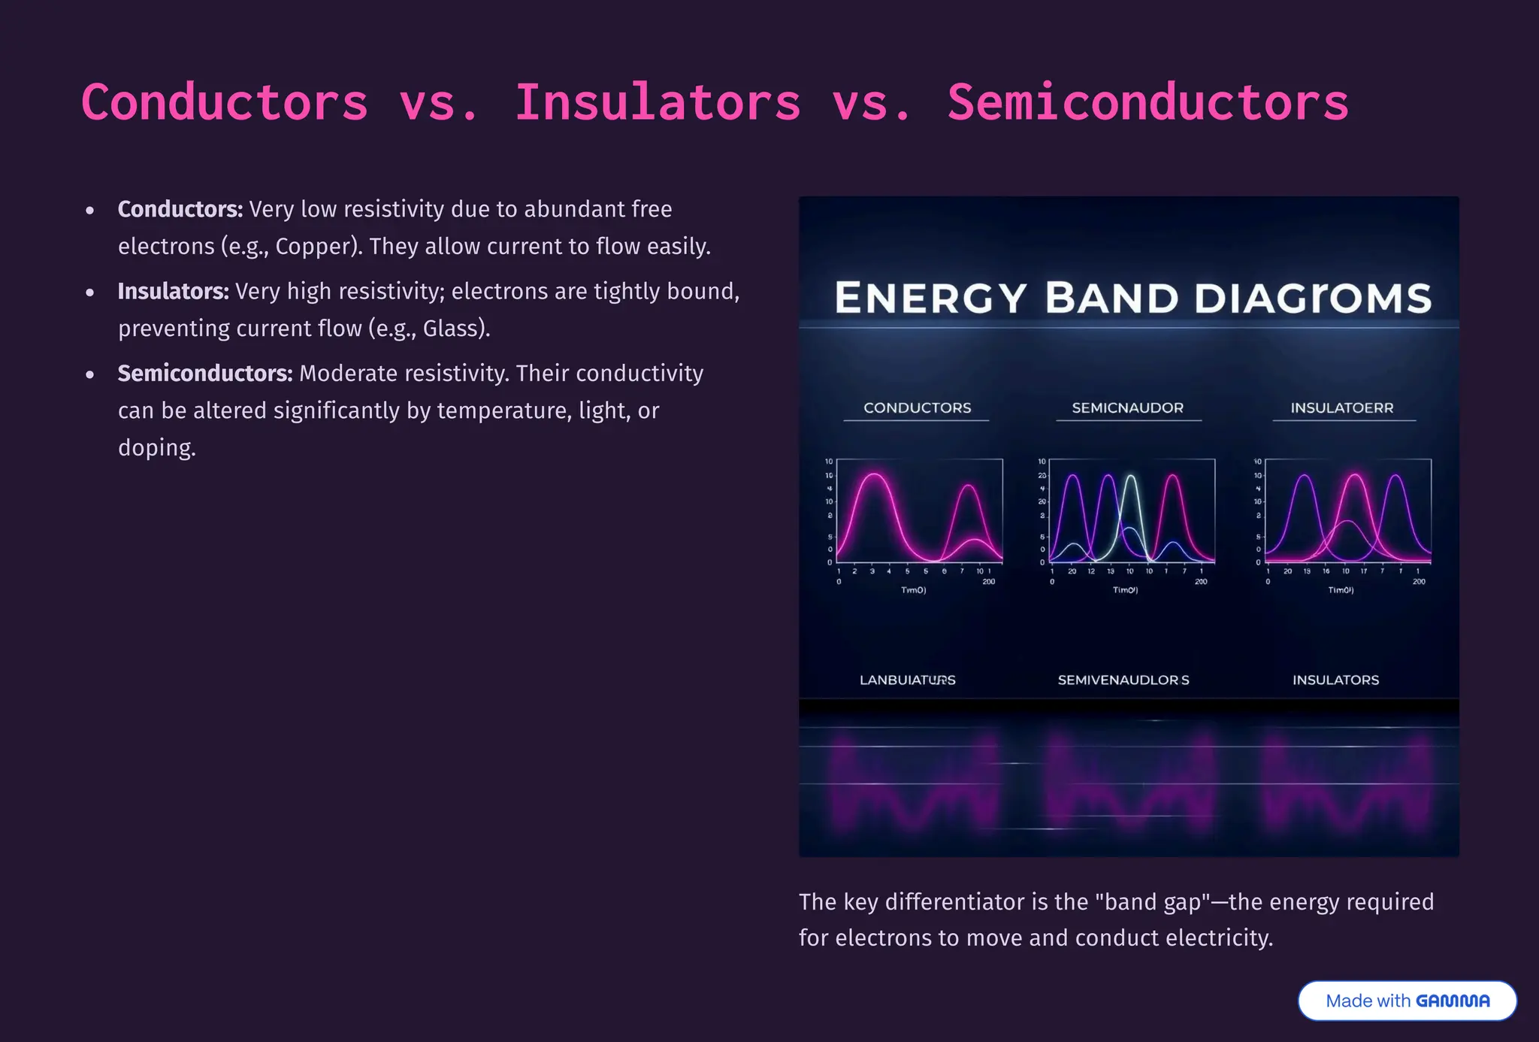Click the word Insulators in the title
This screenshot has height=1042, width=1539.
[x=658, y=102]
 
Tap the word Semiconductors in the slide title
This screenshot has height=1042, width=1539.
[x=1147, y=102]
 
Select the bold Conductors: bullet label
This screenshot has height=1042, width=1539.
[x=180, y=209]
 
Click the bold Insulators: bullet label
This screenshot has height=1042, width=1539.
[x=173, y=291]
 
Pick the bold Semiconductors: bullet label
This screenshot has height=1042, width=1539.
[x=205, y=373]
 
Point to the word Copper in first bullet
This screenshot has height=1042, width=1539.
[x=316, y=247]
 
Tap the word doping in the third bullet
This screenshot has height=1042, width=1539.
[x=156, y=447]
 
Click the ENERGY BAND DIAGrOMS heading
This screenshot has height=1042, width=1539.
[x=1132, y=298]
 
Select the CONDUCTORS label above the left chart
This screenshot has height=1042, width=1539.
[x=917, y=407]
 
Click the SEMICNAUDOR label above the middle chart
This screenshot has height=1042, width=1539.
[x=1127, y=407]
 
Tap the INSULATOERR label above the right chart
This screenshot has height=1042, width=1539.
[x=1341, y=407]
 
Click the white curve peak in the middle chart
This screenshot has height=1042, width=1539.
[x=1131, y=476]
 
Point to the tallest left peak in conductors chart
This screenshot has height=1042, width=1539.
[x=874, y=474]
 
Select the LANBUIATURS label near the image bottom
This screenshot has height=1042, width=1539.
[x=907, y=680]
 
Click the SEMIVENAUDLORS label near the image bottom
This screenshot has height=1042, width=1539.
[x=1123, y=680]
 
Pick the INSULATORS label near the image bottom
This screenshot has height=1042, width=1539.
[x=1335, y=680]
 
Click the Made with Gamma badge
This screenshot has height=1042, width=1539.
[x=1407, y=1001]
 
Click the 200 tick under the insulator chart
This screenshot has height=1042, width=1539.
[x=1418, y=581]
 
